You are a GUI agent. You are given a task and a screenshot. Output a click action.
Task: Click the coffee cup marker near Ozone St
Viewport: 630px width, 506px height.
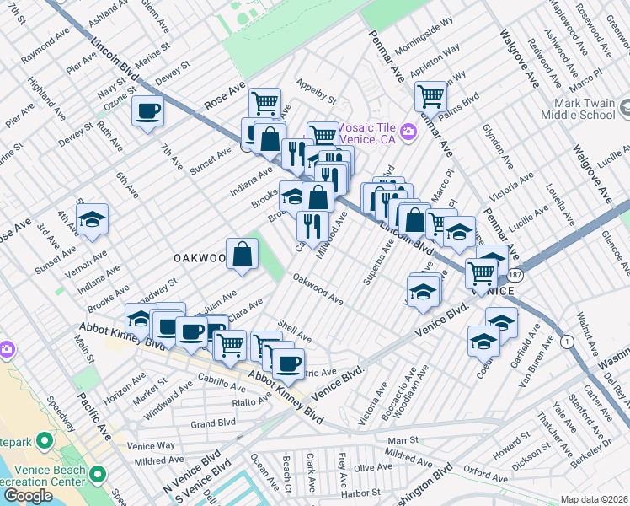pyautogui.click(x=148, y=111)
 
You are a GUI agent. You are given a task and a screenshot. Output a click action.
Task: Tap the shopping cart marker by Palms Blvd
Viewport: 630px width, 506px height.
pyautogui.click(x=430, y=95)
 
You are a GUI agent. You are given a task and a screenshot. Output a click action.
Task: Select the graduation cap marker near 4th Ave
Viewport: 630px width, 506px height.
pyautogui.click(x=92, y=220)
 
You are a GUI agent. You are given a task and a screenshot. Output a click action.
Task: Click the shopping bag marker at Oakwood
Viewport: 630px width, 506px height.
pyautogui.click(x=242, y=253)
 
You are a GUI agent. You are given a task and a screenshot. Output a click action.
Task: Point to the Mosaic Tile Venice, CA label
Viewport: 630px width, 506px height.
pyautogui.click(x=371, y=132)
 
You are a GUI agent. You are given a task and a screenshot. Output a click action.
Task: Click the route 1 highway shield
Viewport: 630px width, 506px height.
pyautogui.click(x=569, y=341)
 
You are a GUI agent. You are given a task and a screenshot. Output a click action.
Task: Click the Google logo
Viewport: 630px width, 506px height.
pyautogui.click(x=27, y=496)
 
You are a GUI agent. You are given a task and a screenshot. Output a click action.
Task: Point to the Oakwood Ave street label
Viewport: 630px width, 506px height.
pyautogui.click(x=318, y=288)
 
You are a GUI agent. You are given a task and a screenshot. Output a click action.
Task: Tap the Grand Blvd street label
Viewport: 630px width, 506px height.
pyautogui.click(x=213, y=423)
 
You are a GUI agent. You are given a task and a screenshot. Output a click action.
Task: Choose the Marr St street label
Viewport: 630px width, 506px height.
pyautogui.click(x=403, y=440)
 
